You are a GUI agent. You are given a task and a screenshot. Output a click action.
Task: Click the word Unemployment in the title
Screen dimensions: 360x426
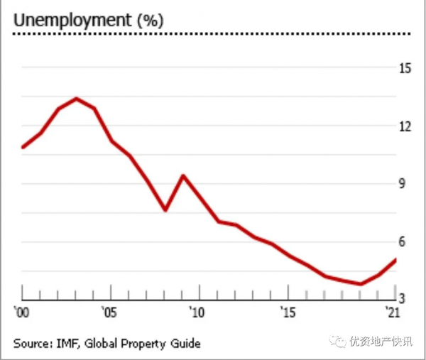pos(72,21)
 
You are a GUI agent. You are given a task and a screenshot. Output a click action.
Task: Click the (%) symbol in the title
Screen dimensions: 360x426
pos(150,21)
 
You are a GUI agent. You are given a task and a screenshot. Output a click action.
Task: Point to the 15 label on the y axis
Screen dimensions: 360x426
pos(405,69)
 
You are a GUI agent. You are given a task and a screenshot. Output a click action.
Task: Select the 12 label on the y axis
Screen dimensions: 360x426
pos(405,126)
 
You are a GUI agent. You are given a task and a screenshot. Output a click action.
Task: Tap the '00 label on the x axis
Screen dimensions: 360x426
pos(21,312)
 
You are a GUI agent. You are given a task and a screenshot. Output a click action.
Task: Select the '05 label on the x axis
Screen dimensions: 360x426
pos(109,312)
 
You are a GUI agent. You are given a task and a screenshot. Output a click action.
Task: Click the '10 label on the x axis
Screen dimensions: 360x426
pos(197,312)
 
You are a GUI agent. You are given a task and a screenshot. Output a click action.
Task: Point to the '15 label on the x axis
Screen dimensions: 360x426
pos(287,312)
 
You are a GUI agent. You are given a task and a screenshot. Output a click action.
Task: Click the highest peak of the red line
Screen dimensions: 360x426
pos(76,99)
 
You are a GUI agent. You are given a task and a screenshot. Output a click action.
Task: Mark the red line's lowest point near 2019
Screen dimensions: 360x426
pos(361,283)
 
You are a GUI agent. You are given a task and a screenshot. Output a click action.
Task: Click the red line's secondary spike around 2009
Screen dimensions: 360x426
pos(183,175)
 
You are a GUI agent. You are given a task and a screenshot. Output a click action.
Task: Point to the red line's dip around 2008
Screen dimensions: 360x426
pos(165,210)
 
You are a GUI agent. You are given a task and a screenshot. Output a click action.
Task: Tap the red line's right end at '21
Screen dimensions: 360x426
pos(395,259)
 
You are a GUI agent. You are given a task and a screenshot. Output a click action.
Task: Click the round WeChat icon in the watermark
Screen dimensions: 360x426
pos(334,342)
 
